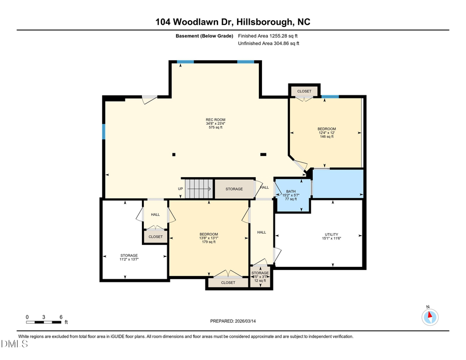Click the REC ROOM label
coord(215,123)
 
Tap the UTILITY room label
coord(331,236)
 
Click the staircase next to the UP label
coord(199,189)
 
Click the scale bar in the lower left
coord(44,322)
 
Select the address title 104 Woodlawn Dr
coord(233,22)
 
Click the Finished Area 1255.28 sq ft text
coord(268,36)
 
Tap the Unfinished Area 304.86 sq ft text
coord(268,44)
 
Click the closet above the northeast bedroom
coord(304,91)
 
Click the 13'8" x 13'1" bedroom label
coord(209,238)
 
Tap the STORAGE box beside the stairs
coord(234,189)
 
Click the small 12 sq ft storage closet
coord(260,276)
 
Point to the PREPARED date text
coord(233,321)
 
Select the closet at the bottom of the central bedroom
coord(228,282)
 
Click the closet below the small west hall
coord(155,237)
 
